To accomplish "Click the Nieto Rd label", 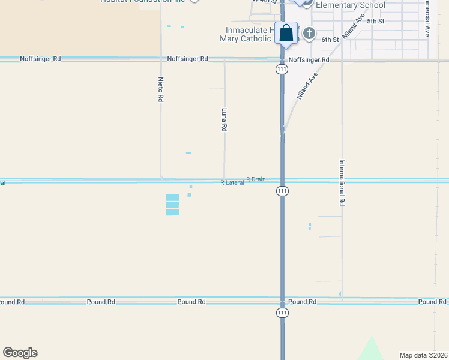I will click(161, 89).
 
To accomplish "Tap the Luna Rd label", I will click(224, 119).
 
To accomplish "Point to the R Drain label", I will click(256, 179).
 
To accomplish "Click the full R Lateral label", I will click(232, 182).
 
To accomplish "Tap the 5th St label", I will click(375, 21).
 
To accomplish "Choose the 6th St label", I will click(330, 40).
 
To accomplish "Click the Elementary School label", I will click(350, 5).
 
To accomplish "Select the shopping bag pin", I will click(286, 33).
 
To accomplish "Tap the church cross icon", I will click(309, 33).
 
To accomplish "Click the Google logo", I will click(20, 353).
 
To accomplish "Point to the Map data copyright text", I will click(423, 355).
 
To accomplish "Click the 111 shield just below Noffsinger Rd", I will click(282, 70).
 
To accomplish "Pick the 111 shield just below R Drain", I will click(282, 191).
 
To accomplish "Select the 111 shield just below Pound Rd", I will click(282, 313).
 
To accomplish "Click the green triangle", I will click(372, 350).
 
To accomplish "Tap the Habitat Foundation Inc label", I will click(143, 1).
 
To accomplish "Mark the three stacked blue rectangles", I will click(172, 205).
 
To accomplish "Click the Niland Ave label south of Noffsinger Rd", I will click(307, 86).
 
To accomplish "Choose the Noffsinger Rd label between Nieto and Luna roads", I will click(187, 59).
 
